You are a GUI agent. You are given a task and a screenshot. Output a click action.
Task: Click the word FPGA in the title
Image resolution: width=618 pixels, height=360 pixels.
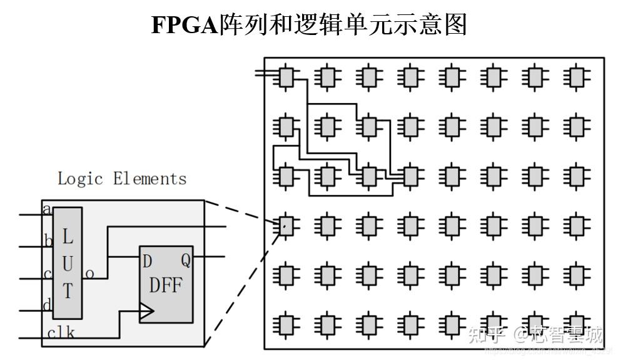coord(185,25)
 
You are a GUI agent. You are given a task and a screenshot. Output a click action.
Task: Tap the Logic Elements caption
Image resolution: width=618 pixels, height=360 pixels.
coord(122,179)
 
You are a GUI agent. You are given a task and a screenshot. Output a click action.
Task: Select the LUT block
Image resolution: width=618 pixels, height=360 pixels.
coord(68,263)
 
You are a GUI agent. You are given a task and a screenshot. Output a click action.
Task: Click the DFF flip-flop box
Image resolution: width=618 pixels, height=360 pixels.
coord(166,285)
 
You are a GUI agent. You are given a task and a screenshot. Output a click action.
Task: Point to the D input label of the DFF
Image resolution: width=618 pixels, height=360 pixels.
coord(147,261)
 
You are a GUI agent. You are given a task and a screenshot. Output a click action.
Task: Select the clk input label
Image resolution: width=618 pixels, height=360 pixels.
coord(61,332)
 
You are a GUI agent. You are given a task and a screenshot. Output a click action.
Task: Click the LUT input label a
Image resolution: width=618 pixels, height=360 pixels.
coord(46,209)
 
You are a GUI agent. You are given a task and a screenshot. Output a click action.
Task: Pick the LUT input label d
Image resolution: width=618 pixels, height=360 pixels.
coord(46,305)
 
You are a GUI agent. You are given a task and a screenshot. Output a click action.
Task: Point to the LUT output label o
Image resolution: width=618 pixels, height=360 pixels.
coord(89,273)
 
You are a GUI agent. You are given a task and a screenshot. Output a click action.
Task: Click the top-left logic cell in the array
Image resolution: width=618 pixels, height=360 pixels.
coord(286,77)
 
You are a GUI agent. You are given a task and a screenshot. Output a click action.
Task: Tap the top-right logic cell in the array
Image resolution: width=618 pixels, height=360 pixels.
coord(576,77)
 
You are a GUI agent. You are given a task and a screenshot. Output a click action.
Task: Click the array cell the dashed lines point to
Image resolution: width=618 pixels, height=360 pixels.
coord(286,226)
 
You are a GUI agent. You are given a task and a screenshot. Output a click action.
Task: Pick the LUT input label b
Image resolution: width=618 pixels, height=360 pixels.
coord(48,241)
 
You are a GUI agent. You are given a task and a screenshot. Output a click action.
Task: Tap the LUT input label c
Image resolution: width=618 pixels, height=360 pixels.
coord(48,274)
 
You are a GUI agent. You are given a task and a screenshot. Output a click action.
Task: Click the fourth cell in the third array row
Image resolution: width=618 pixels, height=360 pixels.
coord(410,176)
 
